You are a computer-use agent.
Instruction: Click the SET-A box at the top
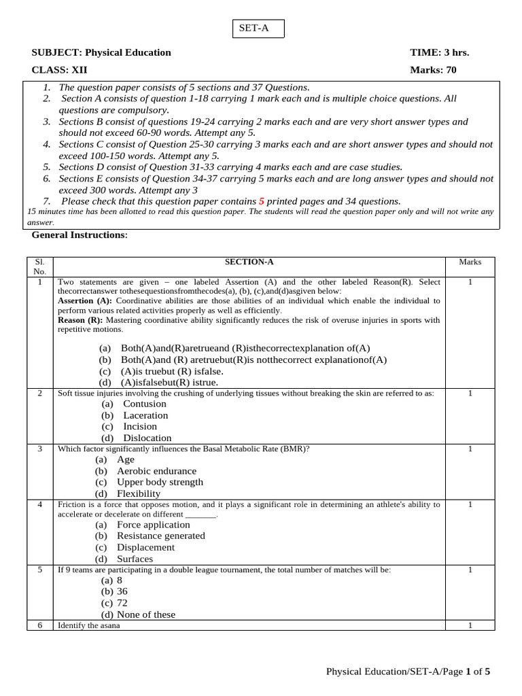[x=259, y=29]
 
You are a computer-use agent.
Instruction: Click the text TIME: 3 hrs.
[x=439, y=52]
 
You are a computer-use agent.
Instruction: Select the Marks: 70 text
[x=433, y=69]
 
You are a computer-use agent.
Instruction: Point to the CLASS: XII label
[x=59, y=69]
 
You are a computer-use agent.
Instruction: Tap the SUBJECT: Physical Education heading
[x=101, y=52]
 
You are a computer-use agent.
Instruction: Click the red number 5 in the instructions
[x=261, y=201]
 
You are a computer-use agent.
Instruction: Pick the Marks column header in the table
[x=470, y=262]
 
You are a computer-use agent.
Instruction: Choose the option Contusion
[x=144, y=404]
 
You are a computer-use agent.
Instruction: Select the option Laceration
[x=145, y=415]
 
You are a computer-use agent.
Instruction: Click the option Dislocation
[x=147, y=438]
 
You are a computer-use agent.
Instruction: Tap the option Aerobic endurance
[x=156, y=471]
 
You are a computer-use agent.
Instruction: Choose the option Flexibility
[x=139, y=493]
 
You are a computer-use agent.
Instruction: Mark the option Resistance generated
[x=160, y=536]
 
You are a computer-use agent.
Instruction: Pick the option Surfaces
[x=135, y=559]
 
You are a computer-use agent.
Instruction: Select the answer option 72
[x=122, y=603]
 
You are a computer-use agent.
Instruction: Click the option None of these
[x=145, y=614]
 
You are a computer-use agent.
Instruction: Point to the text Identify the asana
[x=88, y=625]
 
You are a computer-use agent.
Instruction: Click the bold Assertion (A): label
[x=85, y=300]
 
